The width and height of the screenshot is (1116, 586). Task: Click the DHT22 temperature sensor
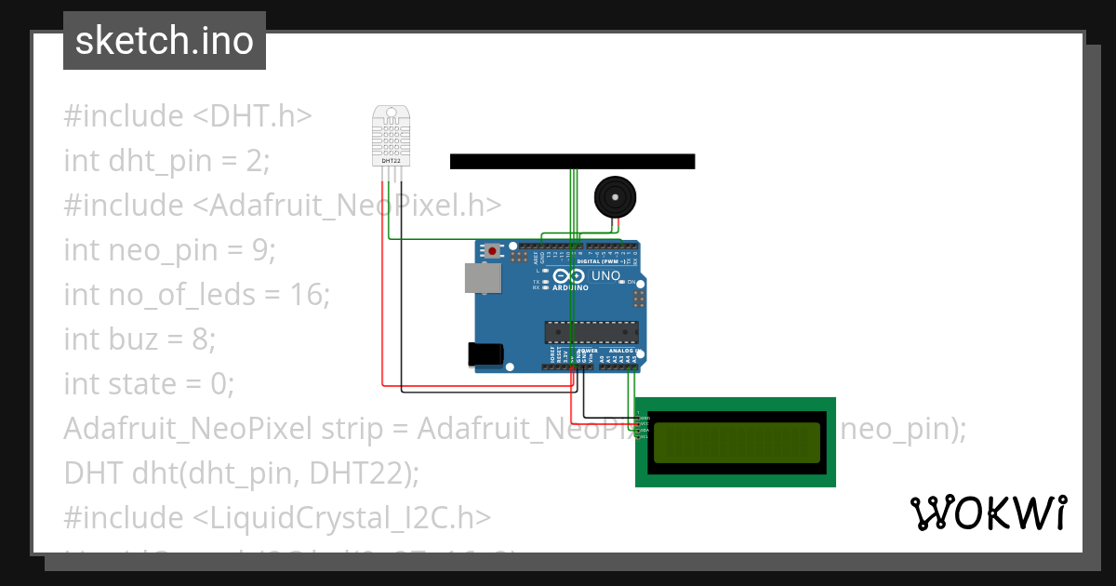pyautogui.click(x=391, y=135)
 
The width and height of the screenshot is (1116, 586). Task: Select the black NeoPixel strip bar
pyautogui.click(x=572, y=161)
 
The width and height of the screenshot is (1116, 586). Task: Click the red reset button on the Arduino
pyautogui.click(x=491, y=250)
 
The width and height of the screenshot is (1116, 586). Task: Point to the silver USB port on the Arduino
pyautogui.click(x=483, y=278)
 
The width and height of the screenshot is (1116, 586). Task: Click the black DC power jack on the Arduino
pyautogui.click(x=485, y=353)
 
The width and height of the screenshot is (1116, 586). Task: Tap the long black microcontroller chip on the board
pyautogui.click(x=591, y=332)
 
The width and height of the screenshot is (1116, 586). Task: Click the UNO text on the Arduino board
pyautogui.click(x=606, y=276)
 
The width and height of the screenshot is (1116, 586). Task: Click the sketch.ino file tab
pyautogui.click(x=165, y=41)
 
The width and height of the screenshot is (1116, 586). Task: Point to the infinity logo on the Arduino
pyautogui.click(x=565, y=276)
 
